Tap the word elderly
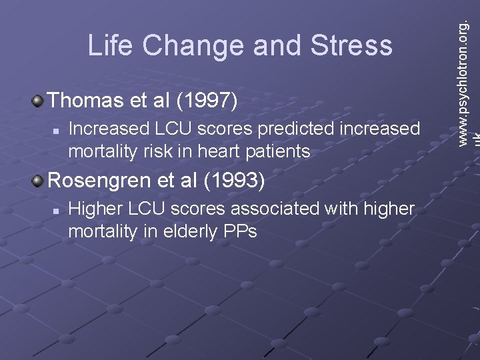coord(193,231)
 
